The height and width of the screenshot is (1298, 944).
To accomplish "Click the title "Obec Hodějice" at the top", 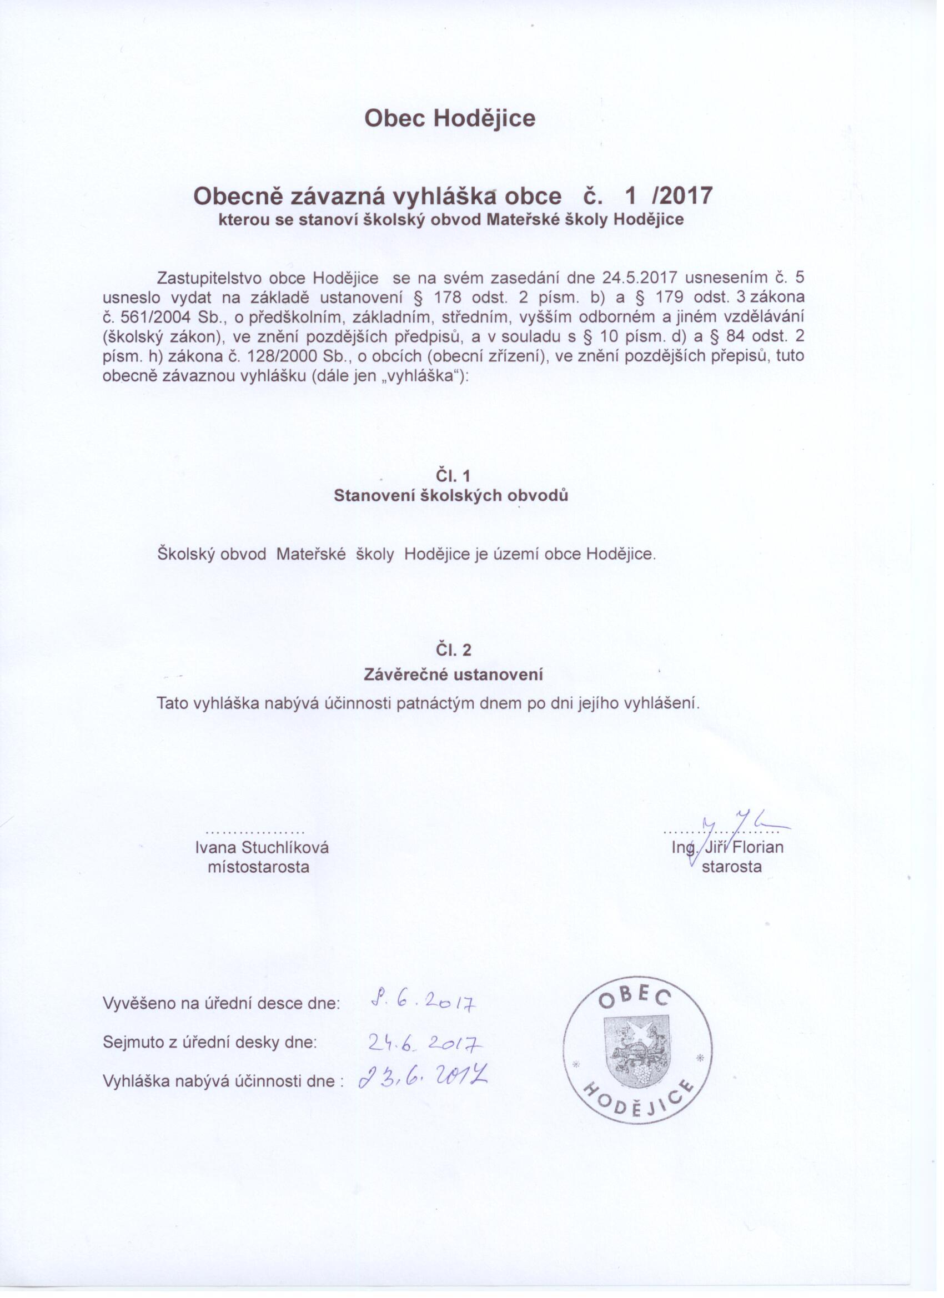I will point(450,118).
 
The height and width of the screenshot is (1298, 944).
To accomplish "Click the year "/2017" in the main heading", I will point(682,196).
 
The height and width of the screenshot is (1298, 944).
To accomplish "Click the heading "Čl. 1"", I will point(452,476).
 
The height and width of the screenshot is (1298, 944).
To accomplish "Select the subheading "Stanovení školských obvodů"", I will point(451,496).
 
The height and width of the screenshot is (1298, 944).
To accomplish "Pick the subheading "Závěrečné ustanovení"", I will point(453,675).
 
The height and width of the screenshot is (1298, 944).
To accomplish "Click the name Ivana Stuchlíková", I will point(262,848).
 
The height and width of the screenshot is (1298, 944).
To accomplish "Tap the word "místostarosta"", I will point(258,867).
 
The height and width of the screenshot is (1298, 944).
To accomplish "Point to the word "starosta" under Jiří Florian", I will point(732,867).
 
